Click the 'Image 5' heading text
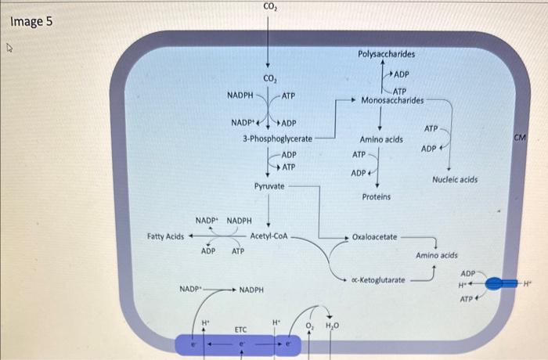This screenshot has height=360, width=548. click(31, 21)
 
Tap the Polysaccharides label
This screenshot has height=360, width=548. click(387, 55)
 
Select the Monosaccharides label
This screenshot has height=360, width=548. click(392, 100)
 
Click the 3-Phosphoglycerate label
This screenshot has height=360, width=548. click(277, 139)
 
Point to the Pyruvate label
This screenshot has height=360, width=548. click(269, 186)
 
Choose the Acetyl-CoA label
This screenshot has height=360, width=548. click(269, 235)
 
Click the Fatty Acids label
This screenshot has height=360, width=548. click(165, 236)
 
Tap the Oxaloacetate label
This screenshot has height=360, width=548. click(375, 236)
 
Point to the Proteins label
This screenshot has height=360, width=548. click(377, 196)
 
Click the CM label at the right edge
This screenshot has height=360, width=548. click(520, 138)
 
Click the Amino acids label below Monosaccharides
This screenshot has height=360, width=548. click(382, 139)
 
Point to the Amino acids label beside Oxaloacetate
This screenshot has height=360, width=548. click(437, 255)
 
